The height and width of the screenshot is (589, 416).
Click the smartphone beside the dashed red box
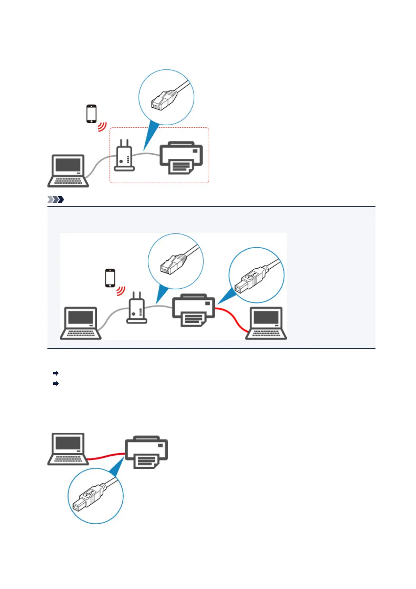[x=91, y=114]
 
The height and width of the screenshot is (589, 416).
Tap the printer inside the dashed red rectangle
[x=181, y=158]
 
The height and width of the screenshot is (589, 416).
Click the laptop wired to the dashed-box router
[x=68, y=171]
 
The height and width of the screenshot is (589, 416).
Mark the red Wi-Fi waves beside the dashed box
[x=102, y=127]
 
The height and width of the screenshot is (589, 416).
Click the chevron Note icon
[x=56, y=200]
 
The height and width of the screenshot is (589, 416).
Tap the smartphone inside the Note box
[x=110, y=278]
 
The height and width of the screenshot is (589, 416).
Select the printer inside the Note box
[x=194, y=310]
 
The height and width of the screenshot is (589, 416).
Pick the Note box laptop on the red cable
[x=266, y=323]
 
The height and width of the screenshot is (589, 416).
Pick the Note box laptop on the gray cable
[x=81, y=323]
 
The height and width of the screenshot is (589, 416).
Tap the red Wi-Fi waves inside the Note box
[x=121, y=291]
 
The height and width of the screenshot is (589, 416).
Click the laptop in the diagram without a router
[x=68, y=449]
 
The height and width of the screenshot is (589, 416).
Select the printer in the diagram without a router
[x=146, y=452]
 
